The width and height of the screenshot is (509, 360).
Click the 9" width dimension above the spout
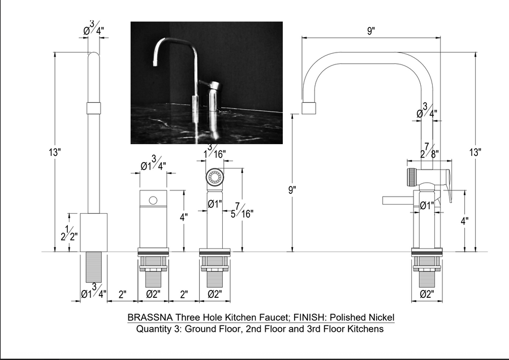click(371, 32)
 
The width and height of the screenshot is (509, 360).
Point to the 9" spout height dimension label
click(292, 190)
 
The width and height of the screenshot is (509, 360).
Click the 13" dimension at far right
click(475, 152)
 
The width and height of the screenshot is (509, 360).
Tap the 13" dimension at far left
click(55, 152)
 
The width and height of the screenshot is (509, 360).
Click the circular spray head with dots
click(214, 176)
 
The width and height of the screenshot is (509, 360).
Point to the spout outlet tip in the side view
click(310, 109)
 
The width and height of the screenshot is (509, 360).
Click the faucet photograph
click(206, 83)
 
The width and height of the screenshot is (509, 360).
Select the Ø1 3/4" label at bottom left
click(93, 293)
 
